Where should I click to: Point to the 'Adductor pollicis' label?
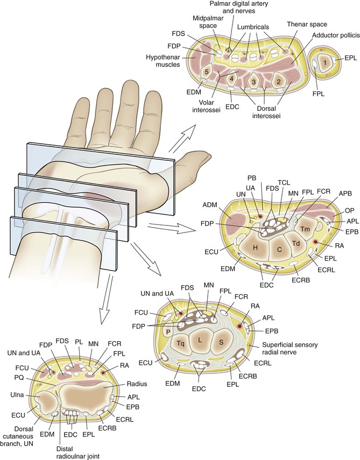coord(332,36)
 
